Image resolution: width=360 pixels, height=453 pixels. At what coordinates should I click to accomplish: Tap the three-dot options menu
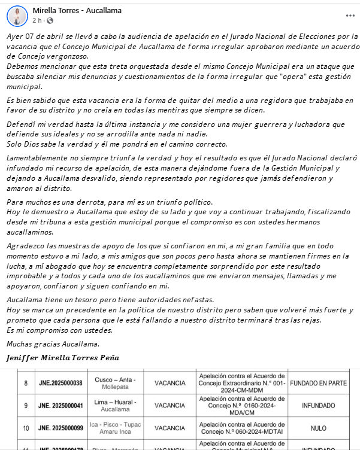coord(350,16)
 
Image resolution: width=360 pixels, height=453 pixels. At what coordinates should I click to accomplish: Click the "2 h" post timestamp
coord(37,20)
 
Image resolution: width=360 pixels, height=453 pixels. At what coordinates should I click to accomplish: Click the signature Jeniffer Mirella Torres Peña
coord(62,358)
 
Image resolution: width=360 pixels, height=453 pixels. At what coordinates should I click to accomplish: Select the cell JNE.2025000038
coord(61,382)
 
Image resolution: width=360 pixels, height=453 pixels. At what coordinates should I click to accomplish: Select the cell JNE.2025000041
coord(61,405)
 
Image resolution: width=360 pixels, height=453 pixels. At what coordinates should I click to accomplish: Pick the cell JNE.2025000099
coord(61,428)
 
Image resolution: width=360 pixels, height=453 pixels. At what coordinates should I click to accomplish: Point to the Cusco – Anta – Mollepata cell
coord(115,382)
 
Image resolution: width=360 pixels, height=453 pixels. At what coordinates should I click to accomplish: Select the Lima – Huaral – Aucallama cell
coord(115,405)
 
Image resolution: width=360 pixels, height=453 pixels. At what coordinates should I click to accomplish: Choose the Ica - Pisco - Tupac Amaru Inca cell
coord(115,428)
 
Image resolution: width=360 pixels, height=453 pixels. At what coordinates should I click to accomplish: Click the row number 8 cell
coord(26,382)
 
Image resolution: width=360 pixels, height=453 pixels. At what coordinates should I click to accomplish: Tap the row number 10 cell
coord(26,428)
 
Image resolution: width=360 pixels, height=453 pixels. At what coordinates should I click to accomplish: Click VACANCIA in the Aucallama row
coord(170,405)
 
